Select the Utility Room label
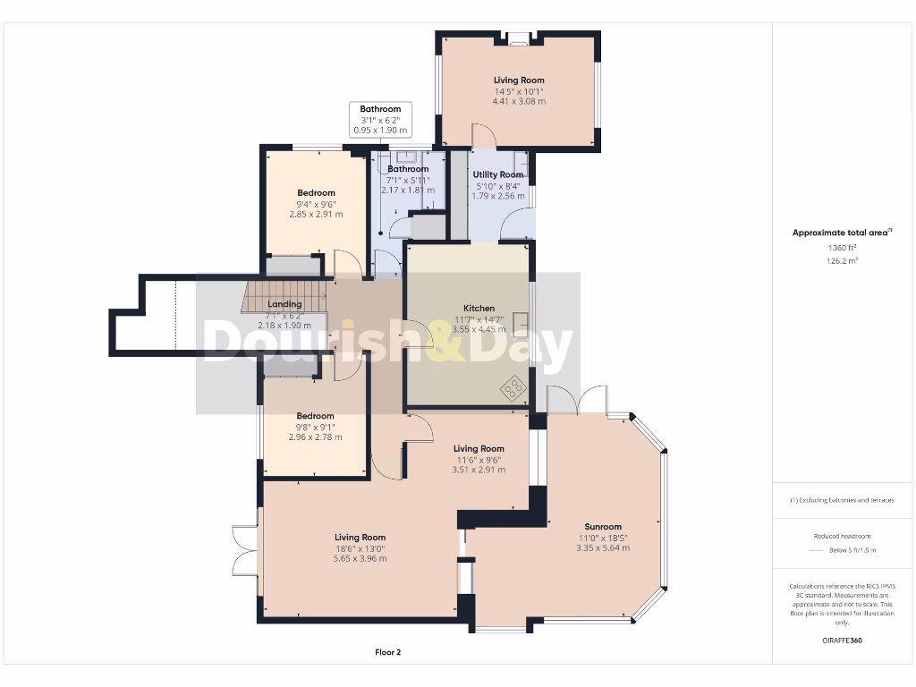click(x=498, y=174)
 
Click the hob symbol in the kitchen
click(x=513, y=387)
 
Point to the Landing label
click(x=284, y=304)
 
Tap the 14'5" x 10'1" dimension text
click(x=519, y=91)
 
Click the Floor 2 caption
click(x=387, y=652)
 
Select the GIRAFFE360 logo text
click(x=842, y=640)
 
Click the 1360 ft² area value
click(x=842, y=248)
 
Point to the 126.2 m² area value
click(x=842, y=261)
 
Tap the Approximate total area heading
click(x=842, y=233)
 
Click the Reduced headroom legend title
click(x=842, y=536)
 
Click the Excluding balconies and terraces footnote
click(x=842, y=500)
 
